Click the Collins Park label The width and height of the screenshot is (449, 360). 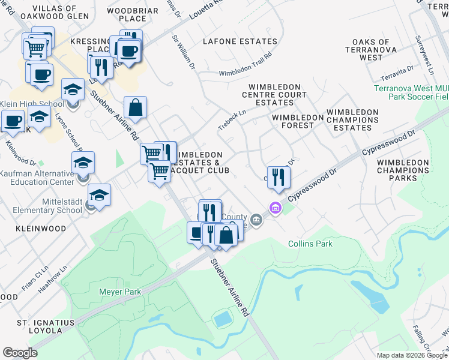point(310,244)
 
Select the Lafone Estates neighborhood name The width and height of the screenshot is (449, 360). point(240,41)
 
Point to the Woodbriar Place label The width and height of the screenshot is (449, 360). point(133,14)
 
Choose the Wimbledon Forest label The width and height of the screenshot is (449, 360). point(293,121)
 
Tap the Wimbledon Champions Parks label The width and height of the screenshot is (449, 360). point(403,170)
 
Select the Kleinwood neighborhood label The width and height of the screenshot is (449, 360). point(29,229)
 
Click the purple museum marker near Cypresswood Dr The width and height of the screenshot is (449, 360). point(276,208)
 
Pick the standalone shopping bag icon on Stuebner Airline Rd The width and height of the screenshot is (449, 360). point(136,108)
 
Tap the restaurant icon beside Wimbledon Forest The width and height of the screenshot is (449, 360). point(278,176)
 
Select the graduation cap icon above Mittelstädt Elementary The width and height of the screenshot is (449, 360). point(99,195)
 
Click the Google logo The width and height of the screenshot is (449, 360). point(20,353)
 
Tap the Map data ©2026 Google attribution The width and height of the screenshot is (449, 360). point(412,355)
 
